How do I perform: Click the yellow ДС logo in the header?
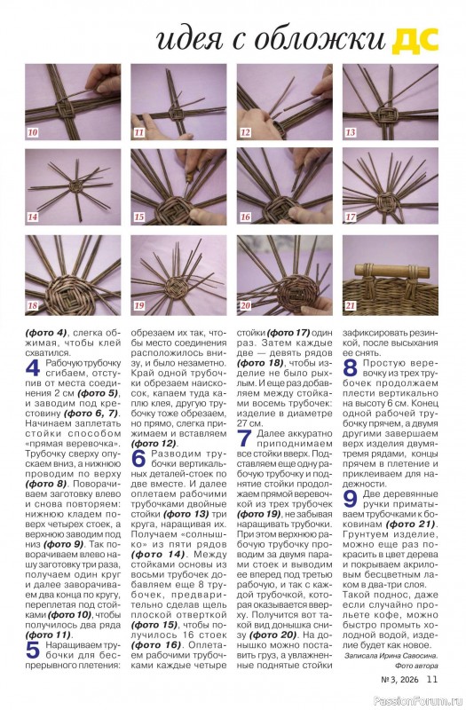tap(415, 40)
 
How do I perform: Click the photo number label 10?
tap(33, 132)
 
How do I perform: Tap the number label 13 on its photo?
tap(350, 132)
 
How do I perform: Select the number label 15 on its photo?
tap(139, 217)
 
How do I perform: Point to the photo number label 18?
tap(33, 305)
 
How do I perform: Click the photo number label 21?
tap(350, 305)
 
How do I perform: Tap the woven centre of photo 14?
tap(73, 185)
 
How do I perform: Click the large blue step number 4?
tap(33, 368)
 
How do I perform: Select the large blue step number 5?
tap(33, 650)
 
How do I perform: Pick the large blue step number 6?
tap(139, 459)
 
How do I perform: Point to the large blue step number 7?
tap(245, 438)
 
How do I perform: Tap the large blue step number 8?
tap(351, 368)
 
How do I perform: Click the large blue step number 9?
tap(351, 499)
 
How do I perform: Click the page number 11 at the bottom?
tap(432, 678)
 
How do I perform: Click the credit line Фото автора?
tap(416, 666)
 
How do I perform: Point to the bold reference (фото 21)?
tap(410, 524)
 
